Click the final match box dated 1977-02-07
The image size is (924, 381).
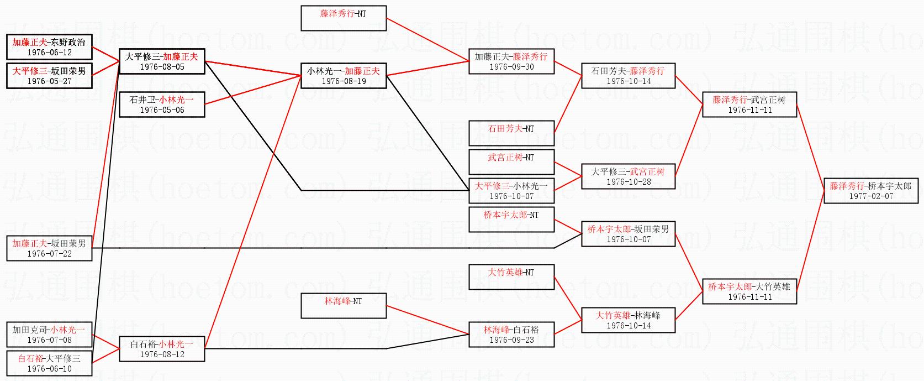click(x=870, y=191)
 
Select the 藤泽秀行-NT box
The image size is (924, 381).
click(x=343, y=18)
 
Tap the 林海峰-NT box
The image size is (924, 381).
click(x=343, y=306)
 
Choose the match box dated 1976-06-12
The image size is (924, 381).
click(x=49, y=47)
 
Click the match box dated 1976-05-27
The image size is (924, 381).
click(x=49, y=76)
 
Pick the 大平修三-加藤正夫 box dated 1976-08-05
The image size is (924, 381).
click(x=162, y=61)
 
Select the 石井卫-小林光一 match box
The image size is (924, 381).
click(x=162, y=105)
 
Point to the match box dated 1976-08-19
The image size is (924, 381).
click(x=343, y=76)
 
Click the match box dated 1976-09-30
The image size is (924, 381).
click(x=511, y=61)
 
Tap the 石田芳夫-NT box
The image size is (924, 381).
click(x=511, y=133)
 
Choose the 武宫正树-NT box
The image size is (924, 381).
click(x=511, y=162)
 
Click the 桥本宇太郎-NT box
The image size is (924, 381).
click(x=511, y=220)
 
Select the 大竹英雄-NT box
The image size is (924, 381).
click(x=511, y=277)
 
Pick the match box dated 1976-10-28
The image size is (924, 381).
click(x=629, y=176)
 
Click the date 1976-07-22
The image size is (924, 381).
click(x=49, y=254)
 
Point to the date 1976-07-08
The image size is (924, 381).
click(x=49, y=340)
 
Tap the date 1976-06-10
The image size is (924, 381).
click(x=49, y=369)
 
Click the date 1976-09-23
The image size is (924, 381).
click(x=511, y=340)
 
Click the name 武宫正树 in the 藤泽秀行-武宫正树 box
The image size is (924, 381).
click(x=768, y=100)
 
